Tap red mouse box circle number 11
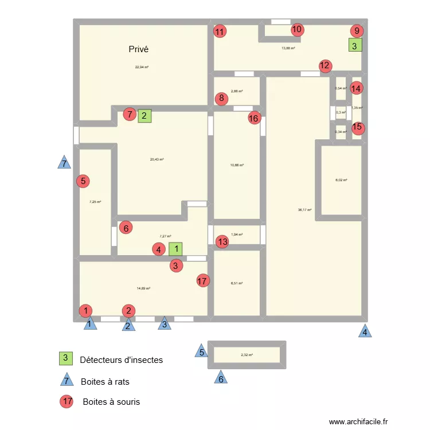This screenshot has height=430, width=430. (220, 32)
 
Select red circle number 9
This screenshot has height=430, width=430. (357, 32)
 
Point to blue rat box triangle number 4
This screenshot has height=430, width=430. (364, 331)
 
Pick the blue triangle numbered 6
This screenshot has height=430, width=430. (220, 378)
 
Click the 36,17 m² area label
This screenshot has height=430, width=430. (304, 210)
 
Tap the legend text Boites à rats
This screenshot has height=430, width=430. (110, 381)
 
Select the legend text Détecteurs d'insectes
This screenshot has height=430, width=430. (122, 360)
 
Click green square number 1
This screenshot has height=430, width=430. (177, 249)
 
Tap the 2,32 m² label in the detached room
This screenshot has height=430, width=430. (247, 355)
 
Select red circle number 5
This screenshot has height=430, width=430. (84, 181)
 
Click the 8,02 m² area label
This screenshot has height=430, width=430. (341, 180)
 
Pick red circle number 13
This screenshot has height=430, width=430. (222, 242)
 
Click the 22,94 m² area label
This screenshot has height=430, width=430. (142, 67)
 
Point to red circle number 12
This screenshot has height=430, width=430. (325, 65)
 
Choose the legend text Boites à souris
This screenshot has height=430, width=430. (111, 402)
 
